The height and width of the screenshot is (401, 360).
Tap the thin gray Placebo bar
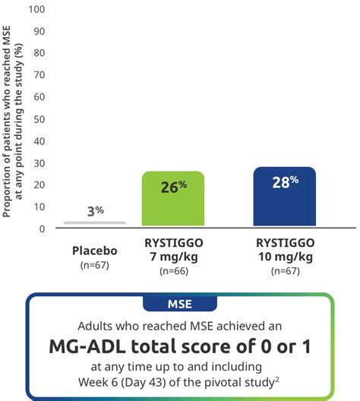95,223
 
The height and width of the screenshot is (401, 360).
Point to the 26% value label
173,186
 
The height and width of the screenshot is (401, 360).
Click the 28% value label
285,182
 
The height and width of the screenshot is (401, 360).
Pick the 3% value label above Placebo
95,210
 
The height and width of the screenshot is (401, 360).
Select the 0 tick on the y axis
42,229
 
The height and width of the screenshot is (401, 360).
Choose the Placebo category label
95,250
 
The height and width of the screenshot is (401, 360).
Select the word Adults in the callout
96,324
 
